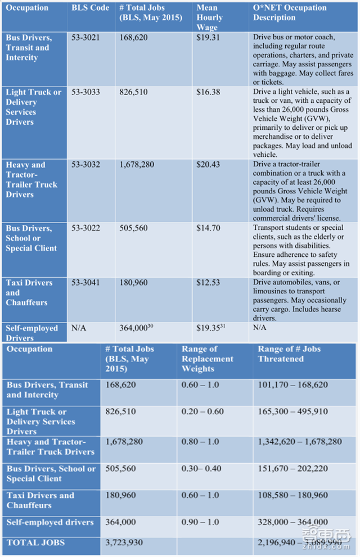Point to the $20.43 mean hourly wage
pos(208,165)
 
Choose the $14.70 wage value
pos(208,228)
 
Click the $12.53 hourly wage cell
pos(208,283)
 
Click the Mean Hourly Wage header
pos(210,17)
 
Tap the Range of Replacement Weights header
pos(207,359)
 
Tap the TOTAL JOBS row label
pos(35,542)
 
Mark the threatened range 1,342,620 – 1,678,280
pos(299,442)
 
